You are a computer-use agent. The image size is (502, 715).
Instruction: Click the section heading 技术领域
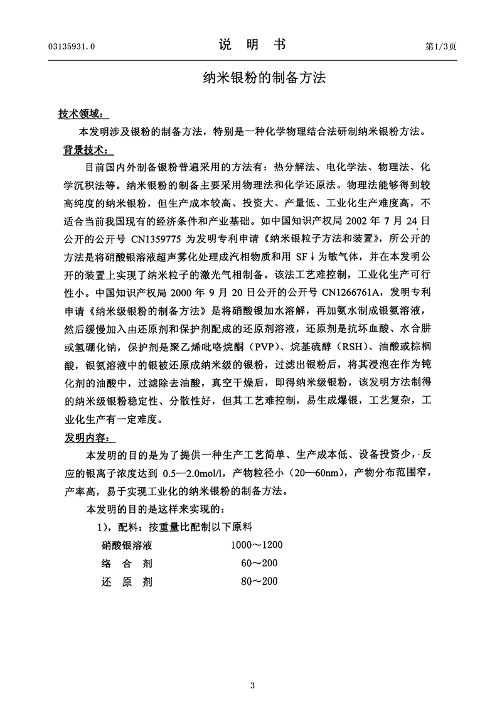(82, 114)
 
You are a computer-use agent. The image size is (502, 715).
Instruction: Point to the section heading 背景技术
(82, 151)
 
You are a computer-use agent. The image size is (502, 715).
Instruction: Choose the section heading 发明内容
(82, 436)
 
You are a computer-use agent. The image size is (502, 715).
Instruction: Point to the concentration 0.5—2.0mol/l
(195, 471)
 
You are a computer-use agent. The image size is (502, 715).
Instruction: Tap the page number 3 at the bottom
(252, 684)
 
